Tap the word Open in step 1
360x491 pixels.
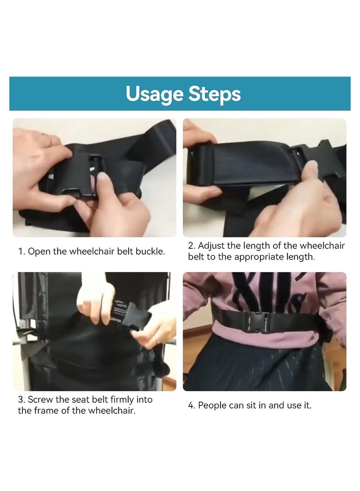pos(38,252)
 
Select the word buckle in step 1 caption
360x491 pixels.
pos(151,252)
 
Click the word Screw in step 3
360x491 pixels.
pos(40,400)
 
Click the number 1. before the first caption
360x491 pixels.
pos(21,252)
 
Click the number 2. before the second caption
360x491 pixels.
pos(192,246)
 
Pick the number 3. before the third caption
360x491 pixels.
pos(22,400)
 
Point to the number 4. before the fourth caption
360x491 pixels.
pos(192,405)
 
